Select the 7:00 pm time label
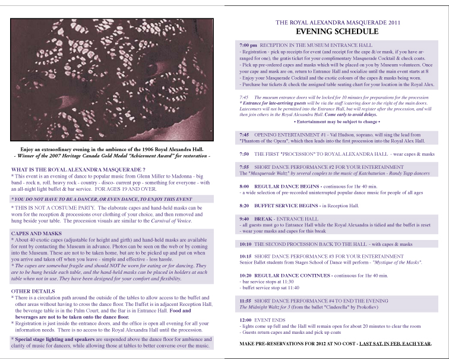coord(248,45)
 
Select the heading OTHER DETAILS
coord(33,290)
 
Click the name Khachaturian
coord(368,173)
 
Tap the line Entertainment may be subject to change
coord(337,121)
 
